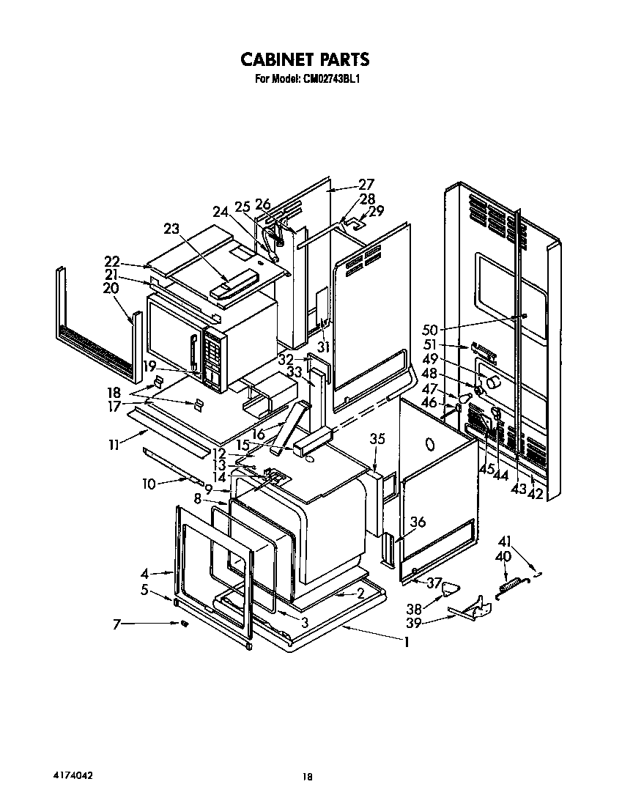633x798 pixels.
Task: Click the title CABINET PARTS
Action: (306, 59)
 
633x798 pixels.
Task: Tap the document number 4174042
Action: (72, 775)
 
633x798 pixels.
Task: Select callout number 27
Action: (366, 185)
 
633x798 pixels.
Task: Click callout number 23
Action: (171, 228)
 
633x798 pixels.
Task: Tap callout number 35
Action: (377, 440)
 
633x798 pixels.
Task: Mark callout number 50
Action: (430, 330)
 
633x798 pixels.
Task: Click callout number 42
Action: (536, 494)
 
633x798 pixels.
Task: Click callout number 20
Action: (111, 289)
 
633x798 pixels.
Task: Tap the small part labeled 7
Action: (185, 624)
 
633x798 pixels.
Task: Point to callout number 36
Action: (417, 522)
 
